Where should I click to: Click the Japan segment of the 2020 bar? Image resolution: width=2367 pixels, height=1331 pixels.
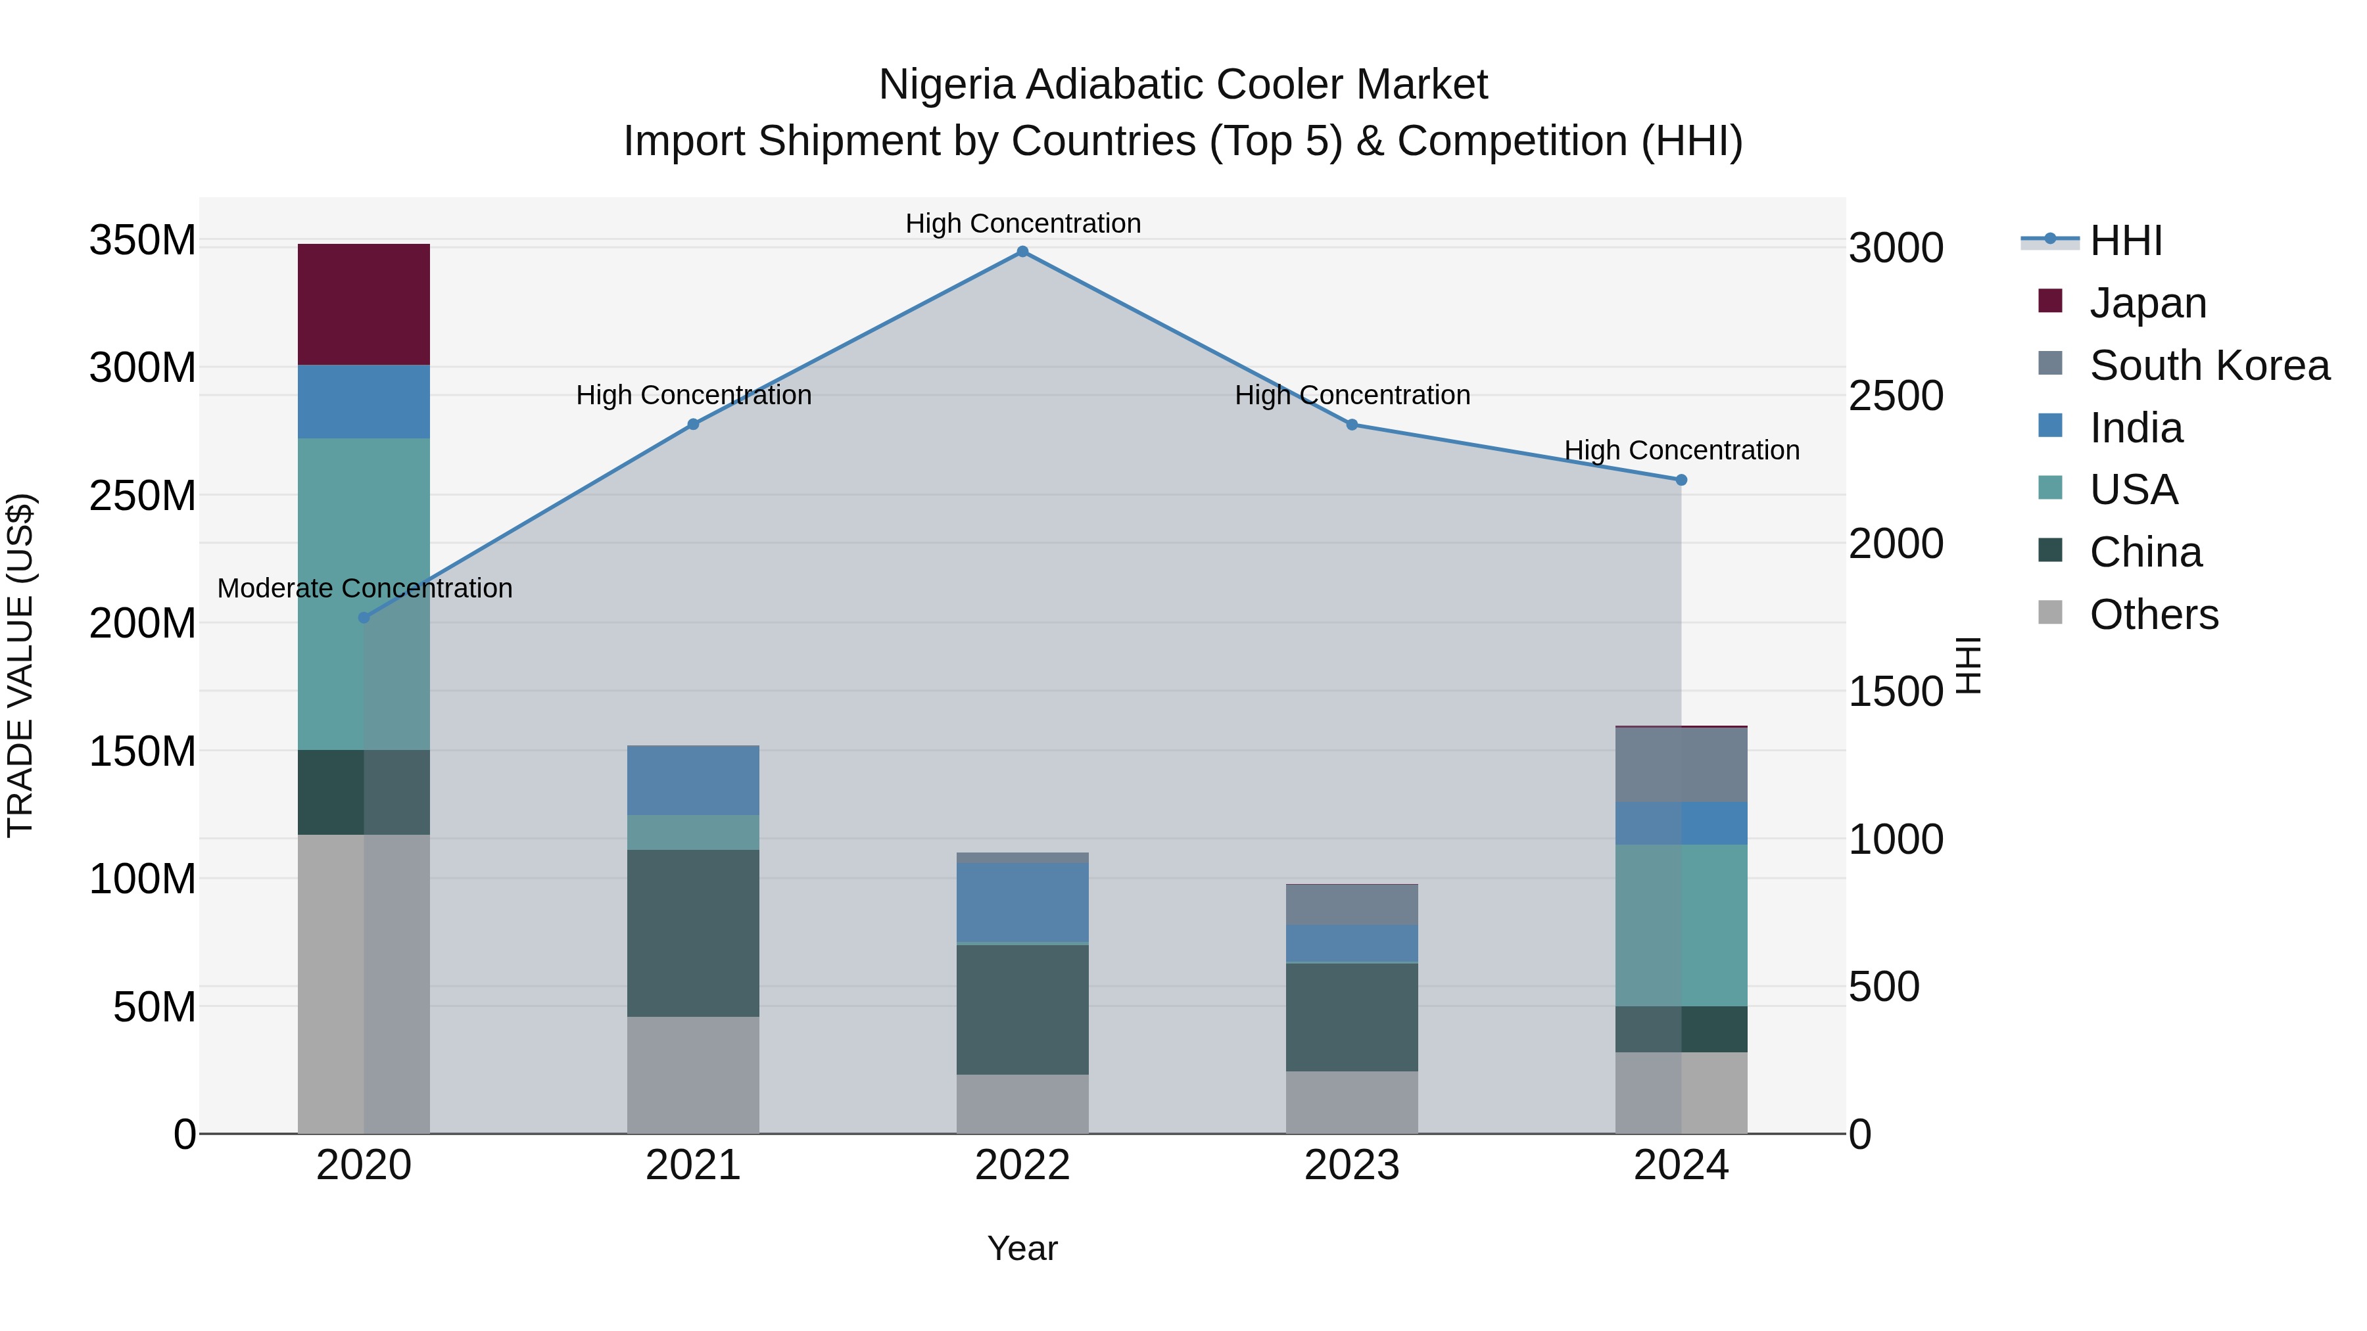[x=364, y=304]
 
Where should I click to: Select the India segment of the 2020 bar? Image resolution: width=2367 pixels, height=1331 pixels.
[x=364, y=402]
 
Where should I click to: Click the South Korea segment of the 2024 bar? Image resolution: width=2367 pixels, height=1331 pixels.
[x=1681, y=764]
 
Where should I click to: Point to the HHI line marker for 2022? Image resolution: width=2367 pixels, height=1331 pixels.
[x=1022, y=252]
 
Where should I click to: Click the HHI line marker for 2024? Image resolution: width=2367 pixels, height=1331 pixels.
[x=1681, y=480]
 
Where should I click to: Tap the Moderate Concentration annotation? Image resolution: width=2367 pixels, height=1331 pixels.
[x=365, y=588]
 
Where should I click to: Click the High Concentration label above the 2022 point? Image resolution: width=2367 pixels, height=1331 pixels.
[x=1022, y=223]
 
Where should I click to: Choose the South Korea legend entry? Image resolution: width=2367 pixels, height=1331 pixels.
[x=2209, y=365]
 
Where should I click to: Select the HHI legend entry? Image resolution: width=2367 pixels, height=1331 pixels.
[x=2125, y=241]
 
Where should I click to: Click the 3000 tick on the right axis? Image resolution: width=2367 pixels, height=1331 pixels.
[x=1895, y=248]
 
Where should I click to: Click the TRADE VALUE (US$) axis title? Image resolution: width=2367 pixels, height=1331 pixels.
[x=20, y=665]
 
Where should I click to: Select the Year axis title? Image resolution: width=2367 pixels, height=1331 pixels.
[x=1022, y=1248]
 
